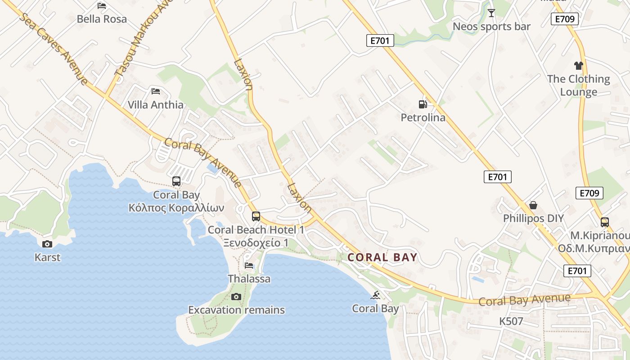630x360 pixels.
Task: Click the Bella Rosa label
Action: (x=102, y=19)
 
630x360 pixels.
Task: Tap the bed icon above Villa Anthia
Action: (x=156, y=91)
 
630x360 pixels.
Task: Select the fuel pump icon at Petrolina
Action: (x=423, y=104)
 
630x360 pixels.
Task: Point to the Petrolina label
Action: (x=423, y=118)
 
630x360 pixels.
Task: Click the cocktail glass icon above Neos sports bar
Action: (x=491, y=13)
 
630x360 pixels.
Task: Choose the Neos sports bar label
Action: (x=491, y=27)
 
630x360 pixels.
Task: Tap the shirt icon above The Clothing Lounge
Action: (x=579, y=66)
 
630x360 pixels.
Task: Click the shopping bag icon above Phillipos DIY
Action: (x=533, y=205)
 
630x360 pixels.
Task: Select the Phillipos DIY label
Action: (x=533, y=219)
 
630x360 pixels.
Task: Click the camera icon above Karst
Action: (x=47, y=244)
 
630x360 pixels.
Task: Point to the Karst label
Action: (x=47, y=257)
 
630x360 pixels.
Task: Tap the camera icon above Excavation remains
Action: (x=236, y=297)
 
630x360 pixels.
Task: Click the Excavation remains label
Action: (x=236, y=310)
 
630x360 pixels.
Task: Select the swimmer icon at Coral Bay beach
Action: (x=375, y=295)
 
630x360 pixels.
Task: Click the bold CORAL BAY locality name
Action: (x=382, y=257)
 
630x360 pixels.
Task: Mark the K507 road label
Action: (x=511, y=321)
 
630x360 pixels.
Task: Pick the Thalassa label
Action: (x=249, y=279)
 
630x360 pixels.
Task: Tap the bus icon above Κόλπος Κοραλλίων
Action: (x=176, y=181)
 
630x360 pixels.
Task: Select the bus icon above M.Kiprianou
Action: (x=605, y=222)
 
